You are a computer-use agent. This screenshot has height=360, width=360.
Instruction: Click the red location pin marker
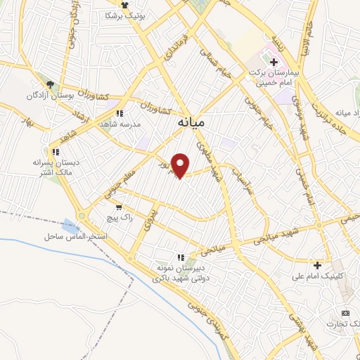[x=181, y=165]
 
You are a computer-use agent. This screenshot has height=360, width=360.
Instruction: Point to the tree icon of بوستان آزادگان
[x=51, y=84]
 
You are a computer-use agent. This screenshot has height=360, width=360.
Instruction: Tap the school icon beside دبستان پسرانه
[x=55, y=151]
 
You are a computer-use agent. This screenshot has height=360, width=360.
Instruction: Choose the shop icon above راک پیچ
[x=118, y=207]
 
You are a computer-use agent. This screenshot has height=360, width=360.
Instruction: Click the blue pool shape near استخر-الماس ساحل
[x=70, y=226]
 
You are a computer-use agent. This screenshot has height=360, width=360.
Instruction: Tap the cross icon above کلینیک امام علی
[x=318, y=265]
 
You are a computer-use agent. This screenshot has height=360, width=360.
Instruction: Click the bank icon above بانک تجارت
[x=345, y=312]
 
